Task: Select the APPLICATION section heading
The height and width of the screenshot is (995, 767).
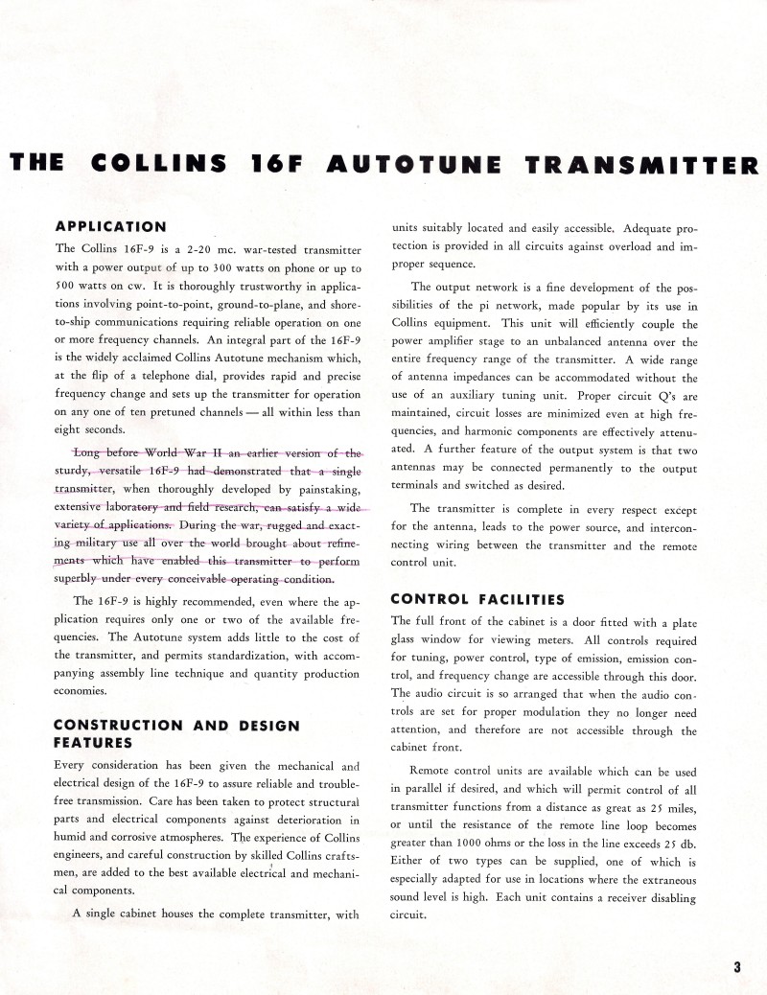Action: (x=110, y=227)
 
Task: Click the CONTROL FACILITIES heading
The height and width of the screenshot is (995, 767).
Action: (x=476, y=600)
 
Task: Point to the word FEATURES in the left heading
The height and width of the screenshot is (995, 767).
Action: (x=92, y=742)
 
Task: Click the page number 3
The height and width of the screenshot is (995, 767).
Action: (x=737, y=967)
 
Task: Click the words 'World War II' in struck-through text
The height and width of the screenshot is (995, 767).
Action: (x=172, y=452)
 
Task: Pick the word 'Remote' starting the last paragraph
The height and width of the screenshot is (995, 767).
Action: (x=431, y=771)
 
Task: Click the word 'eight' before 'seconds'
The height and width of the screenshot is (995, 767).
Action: (x=71, y=430)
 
